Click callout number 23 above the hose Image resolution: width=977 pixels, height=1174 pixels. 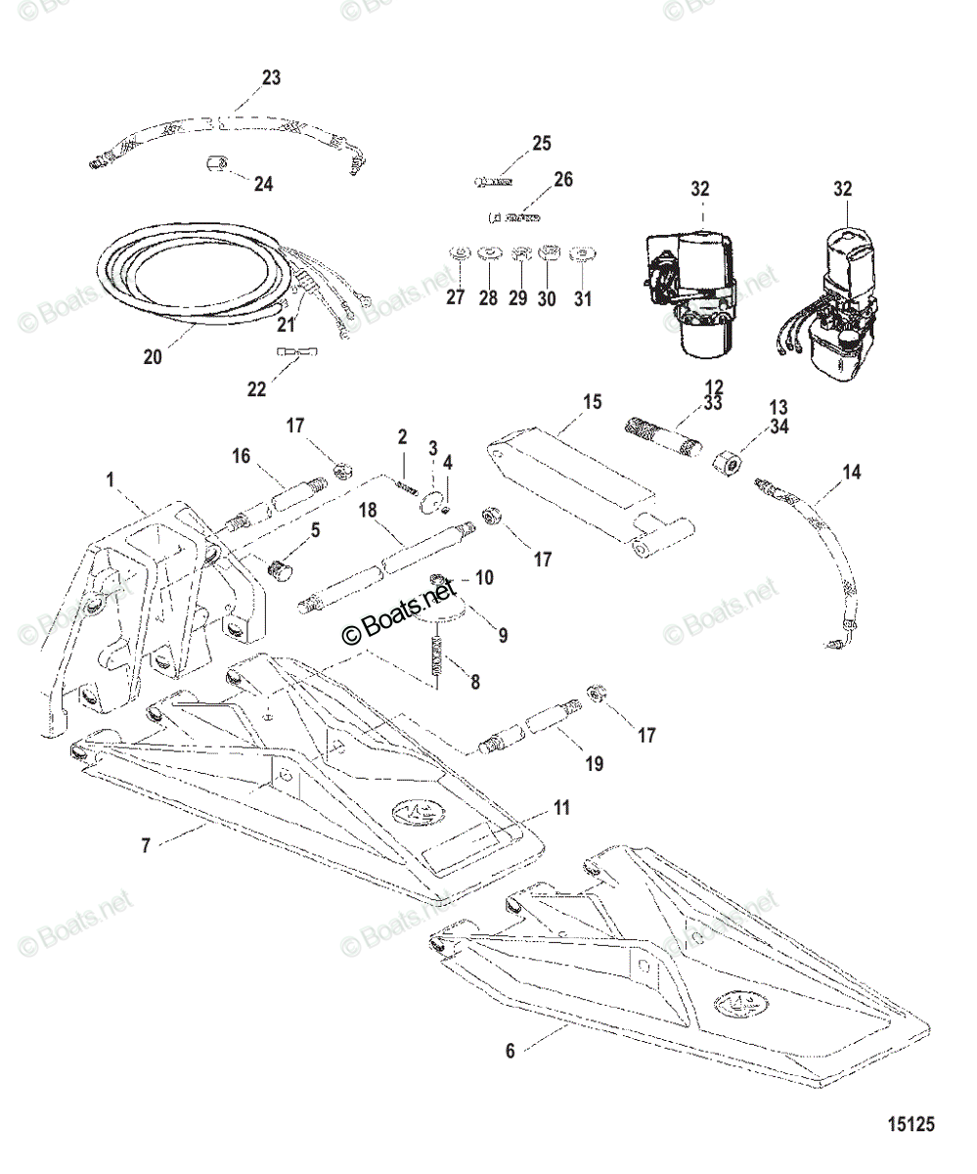tap(271, 77)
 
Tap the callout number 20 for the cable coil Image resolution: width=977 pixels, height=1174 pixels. tap(153, 357)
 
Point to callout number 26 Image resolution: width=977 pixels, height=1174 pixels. tap(563, 179)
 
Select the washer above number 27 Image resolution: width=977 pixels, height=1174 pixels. tap(458, 253)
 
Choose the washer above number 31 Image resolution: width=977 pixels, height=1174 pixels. tap(584, 253)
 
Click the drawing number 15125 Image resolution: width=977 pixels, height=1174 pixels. tap(910, 1125)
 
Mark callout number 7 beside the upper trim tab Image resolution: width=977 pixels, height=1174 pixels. tap(146, 845)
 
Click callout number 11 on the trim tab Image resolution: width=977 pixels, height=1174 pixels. tap(560, 807)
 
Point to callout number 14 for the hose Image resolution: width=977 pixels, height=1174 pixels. tap(852, 472)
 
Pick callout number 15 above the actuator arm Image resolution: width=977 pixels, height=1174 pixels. tap(592, 401)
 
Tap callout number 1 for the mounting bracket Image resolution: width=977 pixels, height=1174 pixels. tap(111, 479)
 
